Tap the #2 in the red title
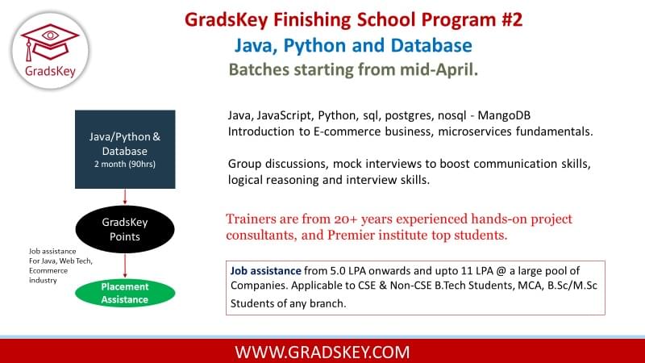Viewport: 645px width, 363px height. point(512,19)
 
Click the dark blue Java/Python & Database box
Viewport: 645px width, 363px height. point(125,149)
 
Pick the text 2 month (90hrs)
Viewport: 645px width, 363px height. point(125,164)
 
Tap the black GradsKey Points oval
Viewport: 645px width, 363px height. point(125,229)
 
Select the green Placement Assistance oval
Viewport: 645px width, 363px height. point(125,293)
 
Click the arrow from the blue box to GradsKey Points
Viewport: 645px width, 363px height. point(125,197)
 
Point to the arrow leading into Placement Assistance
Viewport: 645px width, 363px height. point(125,266)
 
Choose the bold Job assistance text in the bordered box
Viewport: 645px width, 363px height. point(266,271)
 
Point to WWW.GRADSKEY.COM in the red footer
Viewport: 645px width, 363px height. point(322,353)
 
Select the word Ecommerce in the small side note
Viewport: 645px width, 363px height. point(48,270)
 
